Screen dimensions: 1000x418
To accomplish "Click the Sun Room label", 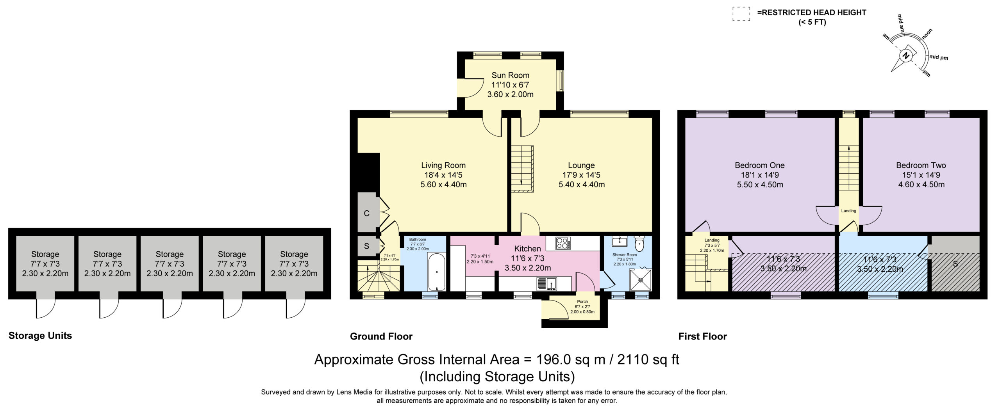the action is [510, 75].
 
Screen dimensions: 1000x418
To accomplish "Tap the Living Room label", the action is [443, 165].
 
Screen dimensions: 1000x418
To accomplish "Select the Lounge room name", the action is [581, 165].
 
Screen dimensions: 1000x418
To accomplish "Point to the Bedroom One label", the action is [760, 165].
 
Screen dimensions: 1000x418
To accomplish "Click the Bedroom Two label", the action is [921, 165].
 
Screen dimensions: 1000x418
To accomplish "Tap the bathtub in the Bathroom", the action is [436, 272].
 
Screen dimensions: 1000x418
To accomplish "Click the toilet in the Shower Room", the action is [639, 244].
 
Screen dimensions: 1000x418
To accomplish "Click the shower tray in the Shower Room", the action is [757, 279].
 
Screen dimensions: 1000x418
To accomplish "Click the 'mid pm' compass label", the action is [939, 57].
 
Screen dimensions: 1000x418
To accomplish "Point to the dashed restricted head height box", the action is [741, 14].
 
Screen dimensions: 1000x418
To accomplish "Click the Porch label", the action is [582, 302].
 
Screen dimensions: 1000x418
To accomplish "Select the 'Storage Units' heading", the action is [40, 336].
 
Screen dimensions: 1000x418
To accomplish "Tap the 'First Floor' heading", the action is [702, 336].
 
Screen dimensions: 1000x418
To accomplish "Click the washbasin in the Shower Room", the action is [618, 241].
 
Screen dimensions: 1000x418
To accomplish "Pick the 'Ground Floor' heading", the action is [381, 336].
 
